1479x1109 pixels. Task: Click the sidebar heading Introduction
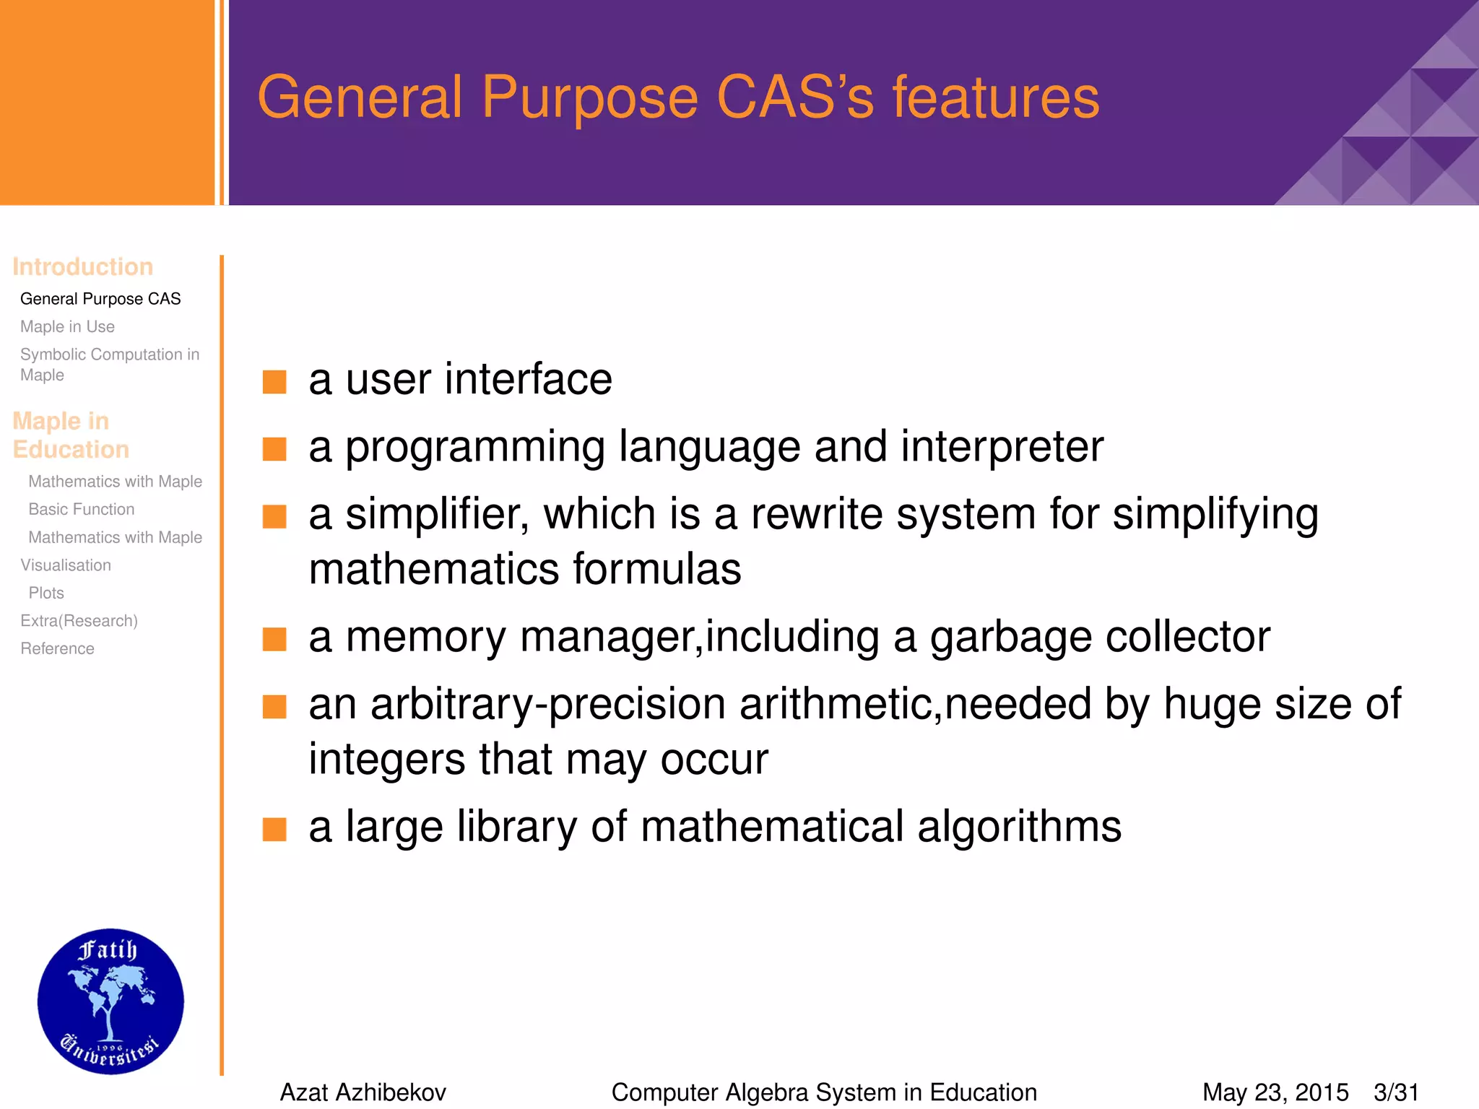(82, 267)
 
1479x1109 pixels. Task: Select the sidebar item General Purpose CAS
(100, 299)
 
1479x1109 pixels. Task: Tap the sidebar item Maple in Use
(67, 327)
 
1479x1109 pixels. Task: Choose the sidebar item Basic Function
(82, 510)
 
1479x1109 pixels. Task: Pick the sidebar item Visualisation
(66, 565)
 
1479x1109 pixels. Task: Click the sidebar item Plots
(46, 593)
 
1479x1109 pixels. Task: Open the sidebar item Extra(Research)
(79, 621)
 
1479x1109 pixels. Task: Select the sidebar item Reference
(57, 649)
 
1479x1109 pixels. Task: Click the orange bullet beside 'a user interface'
(274, 382)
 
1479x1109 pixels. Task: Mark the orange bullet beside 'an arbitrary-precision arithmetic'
(274, 707)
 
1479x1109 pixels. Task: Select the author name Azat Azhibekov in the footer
(363, 1092)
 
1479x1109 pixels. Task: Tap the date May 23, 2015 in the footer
(1275, 1092)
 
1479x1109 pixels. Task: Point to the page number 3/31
(1396, 1092)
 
